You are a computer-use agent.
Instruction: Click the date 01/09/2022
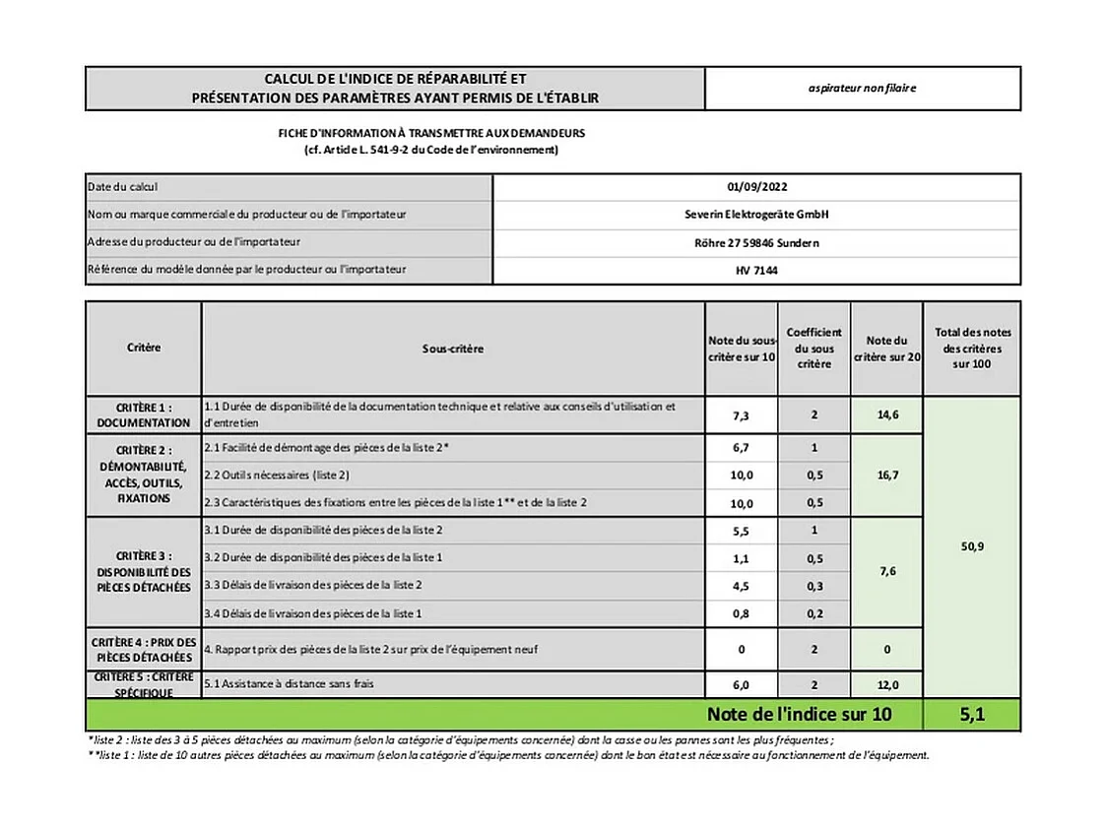(x=756, y=187)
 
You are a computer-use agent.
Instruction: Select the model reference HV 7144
(x=756, y=270)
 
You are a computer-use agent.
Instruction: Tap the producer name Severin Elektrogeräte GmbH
(x=756, y=215)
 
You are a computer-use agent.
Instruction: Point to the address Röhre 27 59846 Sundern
(x=756, y=242)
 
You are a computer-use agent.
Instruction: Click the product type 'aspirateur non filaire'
(x=863, y=88)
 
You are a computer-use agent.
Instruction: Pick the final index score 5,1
(x=971, y=715)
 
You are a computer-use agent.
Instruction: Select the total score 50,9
(x=972, y=545)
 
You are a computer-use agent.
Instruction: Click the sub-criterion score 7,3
(x=742, y=415)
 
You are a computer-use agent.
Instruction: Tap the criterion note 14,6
(x=887, y=415)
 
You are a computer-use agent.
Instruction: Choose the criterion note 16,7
(x=887, y=475)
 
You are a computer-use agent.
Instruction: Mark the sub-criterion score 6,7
(x=742, y=448)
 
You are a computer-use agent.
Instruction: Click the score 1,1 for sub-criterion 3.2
(x=742, y=558)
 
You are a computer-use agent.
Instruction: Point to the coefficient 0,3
(x=813, y=586)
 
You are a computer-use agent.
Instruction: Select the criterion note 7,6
(x=887, y=571)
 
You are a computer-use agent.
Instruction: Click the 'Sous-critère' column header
(x=453, y=349)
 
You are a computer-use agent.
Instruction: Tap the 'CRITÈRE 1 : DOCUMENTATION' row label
(x=144, y=414)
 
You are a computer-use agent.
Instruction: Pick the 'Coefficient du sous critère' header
(x=813, y=349)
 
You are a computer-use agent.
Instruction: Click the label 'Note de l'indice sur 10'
(x=799, y=715)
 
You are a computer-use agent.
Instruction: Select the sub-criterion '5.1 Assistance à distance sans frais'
(x=290, y=683)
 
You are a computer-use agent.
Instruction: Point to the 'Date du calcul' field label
(x=123, y=187)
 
